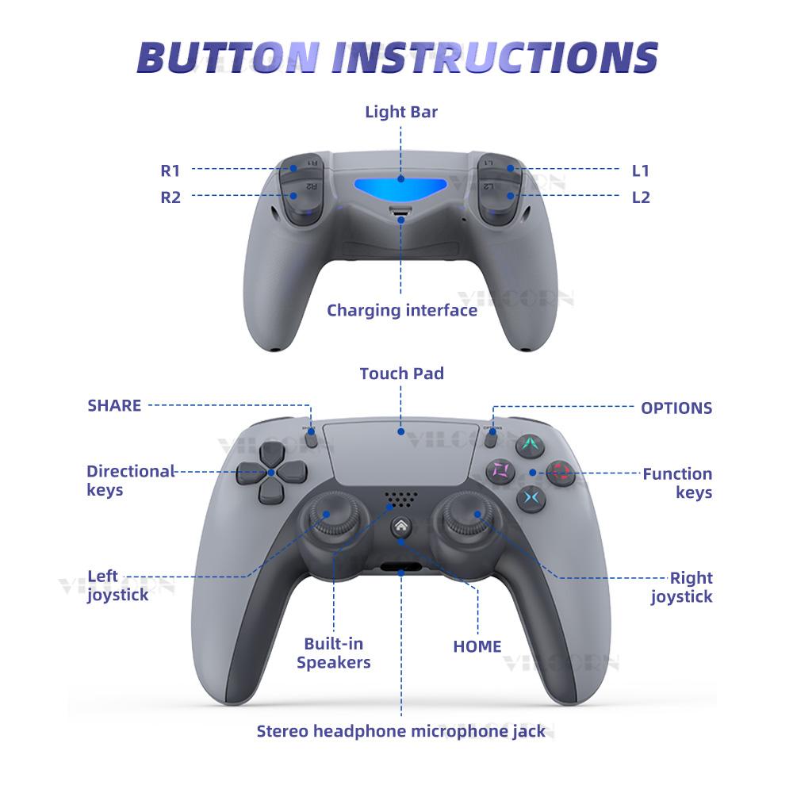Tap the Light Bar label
pos(401,112)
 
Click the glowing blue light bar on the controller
pos(400,189)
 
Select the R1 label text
pos(170,170)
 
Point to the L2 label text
pos(641,197)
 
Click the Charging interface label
pos(402,310)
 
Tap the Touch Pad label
pos(401,374)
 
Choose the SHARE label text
pos(114,406)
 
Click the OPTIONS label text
pos(676,408)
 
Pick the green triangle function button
pos(529,445)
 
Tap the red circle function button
pos(561,473)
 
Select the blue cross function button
pos(530,498)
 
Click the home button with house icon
pos(401,527)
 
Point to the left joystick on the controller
pos(326,520)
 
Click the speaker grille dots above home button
pos(401,500)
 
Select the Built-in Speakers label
pos(334,653)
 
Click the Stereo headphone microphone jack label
pos(401,731)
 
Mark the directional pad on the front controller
pos(270,473)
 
